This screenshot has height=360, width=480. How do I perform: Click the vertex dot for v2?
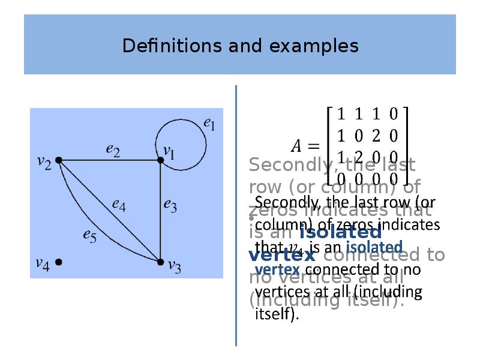click(x=59, y=160)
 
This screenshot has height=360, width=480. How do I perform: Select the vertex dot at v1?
click(x=160, y=160)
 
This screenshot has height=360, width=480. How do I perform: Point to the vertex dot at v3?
click(x=160, y=262)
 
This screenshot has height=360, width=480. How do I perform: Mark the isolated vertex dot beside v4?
click(x=59, y=262)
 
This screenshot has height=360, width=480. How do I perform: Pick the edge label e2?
click(x=113, y=150)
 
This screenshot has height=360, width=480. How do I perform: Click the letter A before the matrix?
click(x=296, y=145)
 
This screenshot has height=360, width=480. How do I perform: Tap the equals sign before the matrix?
click(x=313, y=145)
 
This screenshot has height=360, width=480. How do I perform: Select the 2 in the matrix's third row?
click(x=358, y=157)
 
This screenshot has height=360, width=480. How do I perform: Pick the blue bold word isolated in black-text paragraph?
click(x=375, y=247)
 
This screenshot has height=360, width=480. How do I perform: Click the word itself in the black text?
click(x=277, y=314)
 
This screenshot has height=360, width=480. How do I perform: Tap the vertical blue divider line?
click(x=236, y=216)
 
